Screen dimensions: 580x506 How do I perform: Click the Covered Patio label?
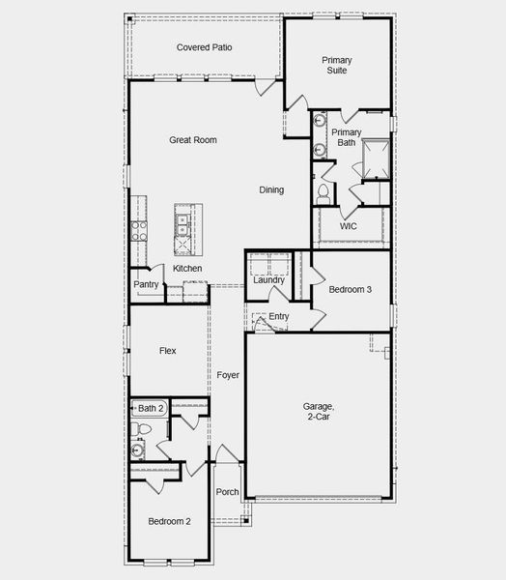pos(204,47)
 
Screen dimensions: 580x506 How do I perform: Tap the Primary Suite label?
pos(337,66)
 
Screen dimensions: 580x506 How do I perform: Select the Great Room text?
pos(193,140)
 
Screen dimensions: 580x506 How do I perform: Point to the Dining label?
pos(271,189)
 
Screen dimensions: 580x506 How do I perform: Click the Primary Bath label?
pos(346,137)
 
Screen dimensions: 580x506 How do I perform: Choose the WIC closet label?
pos(349,226)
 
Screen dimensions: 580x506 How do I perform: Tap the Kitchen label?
pos(187,268)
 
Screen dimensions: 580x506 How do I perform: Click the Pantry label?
pos(146,284)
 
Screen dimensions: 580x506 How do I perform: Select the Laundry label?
pos(269,280)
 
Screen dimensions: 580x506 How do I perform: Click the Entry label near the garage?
pos(279,316)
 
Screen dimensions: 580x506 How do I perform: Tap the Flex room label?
pos(167,351)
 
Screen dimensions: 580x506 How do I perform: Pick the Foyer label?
pos(228,374)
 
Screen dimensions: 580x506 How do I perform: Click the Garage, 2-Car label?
pos(319,413)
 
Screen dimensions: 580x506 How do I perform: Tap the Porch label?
pos(227,492)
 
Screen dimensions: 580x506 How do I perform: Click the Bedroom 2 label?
pos(169,521)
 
